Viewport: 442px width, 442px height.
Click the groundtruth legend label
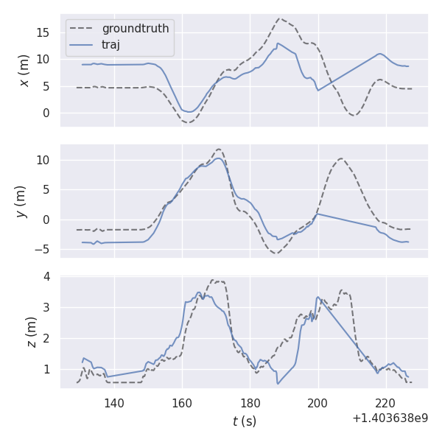click(135, 29)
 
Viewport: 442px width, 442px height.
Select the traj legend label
click(110, 44)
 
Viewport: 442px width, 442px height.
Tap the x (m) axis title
click(24, 70)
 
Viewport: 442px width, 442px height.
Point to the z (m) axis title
click(31, 332)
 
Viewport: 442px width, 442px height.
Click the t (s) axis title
click(245, 421)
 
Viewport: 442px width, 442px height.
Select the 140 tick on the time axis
click(114, 403)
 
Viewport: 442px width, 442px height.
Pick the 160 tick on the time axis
click(182, 403)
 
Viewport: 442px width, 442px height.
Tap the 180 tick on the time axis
click(250, 403)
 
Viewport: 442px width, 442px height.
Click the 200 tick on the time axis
click(318, 403)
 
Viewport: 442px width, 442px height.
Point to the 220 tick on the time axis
click(386, 403)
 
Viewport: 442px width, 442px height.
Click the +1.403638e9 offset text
click(390, 418)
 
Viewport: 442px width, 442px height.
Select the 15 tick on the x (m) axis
click(46, 32)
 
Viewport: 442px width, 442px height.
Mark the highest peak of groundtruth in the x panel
click(280, 18)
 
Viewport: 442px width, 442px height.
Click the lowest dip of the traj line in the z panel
click(278, 384)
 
